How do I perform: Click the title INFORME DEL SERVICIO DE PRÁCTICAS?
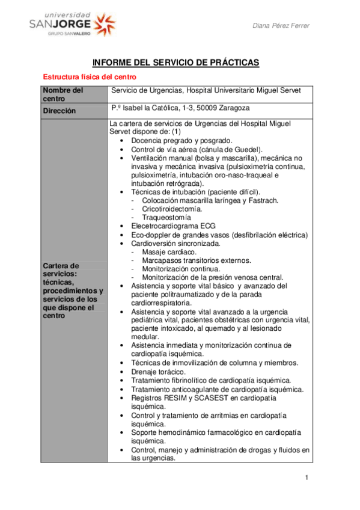click(175, 63)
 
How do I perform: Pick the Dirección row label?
click(59, 111)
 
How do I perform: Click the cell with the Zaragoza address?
click(180, 108)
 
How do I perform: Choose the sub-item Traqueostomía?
click(167, 217)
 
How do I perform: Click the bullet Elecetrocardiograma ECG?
click(173, 226)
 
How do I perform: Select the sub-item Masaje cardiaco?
click(169, 252)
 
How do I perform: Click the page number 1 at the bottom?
click(306, 478)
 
